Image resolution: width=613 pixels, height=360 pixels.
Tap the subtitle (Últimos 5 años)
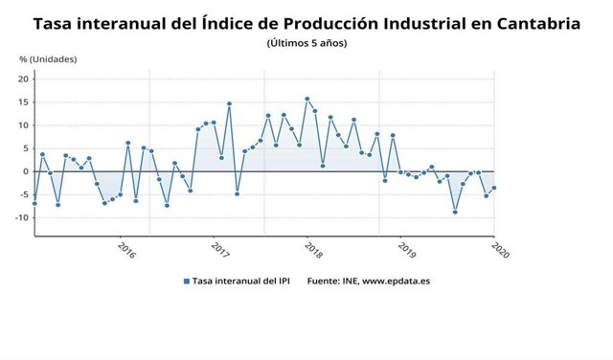pyautogui.click(x=306, y=43)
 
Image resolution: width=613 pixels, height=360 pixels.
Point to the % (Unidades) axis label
pyautogui.click(x=48, y=59)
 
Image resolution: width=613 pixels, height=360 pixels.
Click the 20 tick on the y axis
pyautogui.click(x=24, y=79)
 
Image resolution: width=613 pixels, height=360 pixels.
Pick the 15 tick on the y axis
pyautogui.click(x=24, y=101)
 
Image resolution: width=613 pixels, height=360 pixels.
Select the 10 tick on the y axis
pyautogui.click(x=24, y=125)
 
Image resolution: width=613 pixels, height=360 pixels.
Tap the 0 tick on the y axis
pyautogui.click(x=27, y=171)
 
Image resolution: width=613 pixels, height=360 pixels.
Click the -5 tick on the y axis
pyautogui.click(x=24, y=194)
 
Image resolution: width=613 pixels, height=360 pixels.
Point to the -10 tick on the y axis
pyautogui.click(x=22, y=217)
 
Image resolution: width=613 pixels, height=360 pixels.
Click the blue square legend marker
pyautogui.click(x=187, y=281)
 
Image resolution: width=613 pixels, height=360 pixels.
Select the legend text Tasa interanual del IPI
pyautogui.click(x=244, y=281)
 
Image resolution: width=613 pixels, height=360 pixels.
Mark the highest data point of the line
pyautogui.click(x=306, y=99)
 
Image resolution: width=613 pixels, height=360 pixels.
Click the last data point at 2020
pyautogui.click(x=494, y=188)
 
